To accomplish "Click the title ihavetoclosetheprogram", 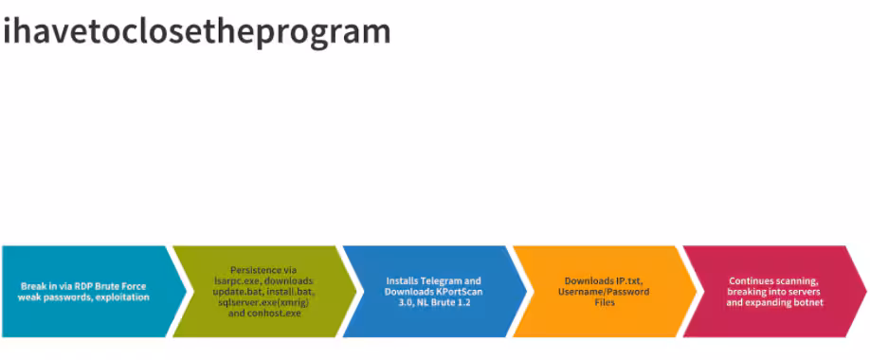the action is point(197,32).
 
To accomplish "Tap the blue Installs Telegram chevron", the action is point(434,291).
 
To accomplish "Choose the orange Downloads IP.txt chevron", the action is point(605,291).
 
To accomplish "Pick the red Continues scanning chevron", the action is point(774,291).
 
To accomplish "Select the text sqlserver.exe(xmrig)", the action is point(263,302).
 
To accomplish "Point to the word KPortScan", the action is point(447,292).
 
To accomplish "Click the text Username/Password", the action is point(607,292).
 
